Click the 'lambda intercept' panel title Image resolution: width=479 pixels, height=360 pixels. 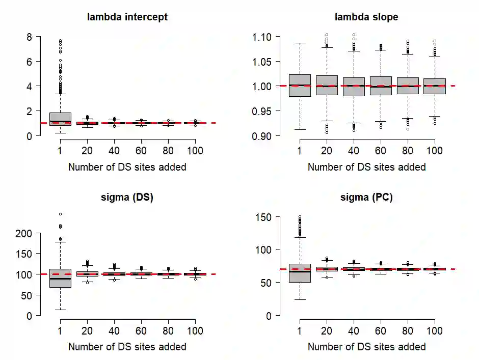coord(127,17)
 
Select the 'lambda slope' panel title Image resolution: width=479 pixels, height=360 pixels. coord(366,17)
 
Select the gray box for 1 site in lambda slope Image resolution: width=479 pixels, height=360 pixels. coord(300,86)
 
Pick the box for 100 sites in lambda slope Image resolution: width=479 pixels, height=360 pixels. coord(435,86)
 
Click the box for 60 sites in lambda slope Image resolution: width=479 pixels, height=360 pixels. coord(381,86)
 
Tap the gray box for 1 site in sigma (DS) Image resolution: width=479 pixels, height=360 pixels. coord(60,278)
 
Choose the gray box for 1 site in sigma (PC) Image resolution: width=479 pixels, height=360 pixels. coord(300,280)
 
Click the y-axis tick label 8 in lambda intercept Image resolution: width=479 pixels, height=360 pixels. coord(30,37)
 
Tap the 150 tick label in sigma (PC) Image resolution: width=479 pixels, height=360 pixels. coord(265,217)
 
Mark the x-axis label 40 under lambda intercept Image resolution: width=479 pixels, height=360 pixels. coord(114,150)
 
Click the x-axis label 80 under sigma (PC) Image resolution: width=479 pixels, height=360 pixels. coord(408,330)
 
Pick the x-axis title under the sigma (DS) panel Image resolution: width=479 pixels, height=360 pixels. coord(127,347)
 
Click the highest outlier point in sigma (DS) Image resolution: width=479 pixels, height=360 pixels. coord(60,214)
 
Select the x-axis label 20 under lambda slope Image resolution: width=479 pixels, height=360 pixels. coord(327,150)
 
